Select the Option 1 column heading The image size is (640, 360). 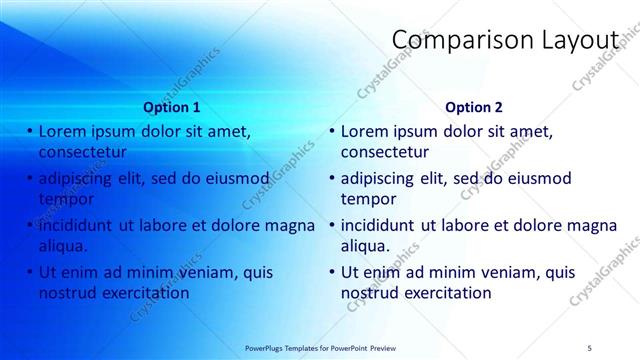(x=172, y=106)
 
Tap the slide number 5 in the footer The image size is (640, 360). (x=590, y=346)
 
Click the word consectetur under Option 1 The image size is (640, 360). (x=82, y=152)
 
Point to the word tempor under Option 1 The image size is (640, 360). (x=65, y=199)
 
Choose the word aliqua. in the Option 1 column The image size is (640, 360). (x=63, y=246)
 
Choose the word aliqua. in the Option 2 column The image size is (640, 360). (x=366, y=246)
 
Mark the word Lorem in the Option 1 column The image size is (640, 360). (x=62, y=131)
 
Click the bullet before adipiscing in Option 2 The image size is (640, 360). (x=332, y=178)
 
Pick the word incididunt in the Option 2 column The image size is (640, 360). (x=378, y=225)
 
